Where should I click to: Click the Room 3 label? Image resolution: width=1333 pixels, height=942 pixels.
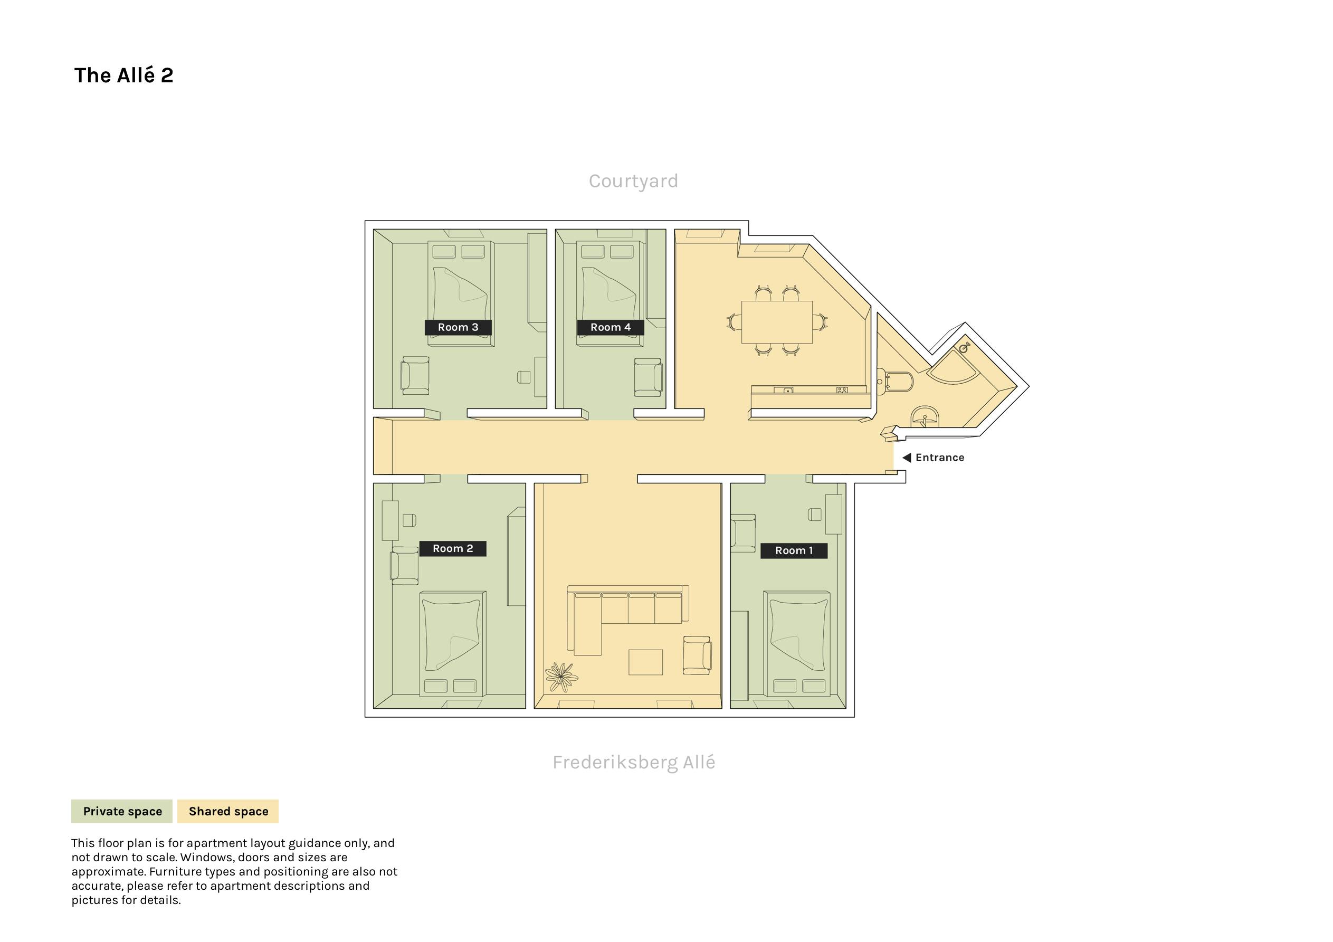458,328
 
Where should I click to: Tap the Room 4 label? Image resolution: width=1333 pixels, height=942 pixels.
610,328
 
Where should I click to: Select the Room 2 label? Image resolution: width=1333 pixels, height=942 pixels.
453,549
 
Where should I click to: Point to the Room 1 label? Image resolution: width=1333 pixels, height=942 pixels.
794,550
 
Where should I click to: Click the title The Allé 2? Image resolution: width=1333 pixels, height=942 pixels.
123,75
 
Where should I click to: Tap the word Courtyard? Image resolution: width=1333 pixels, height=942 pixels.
633,181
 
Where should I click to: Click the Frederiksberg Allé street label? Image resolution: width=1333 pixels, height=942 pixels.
633,762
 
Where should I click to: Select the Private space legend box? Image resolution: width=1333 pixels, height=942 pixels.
122,811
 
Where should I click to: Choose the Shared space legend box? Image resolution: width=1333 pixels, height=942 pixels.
228,811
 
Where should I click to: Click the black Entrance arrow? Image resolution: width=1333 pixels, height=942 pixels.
906,458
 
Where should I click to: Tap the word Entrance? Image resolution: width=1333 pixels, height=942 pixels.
940,458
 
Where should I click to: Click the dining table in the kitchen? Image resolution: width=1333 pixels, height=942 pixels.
777,322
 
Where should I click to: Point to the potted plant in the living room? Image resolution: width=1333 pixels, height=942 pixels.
561,677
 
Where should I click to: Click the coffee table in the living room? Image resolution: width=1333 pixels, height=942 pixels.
645,662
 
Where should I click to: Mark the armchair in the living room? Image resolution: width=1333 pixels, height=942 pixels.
697,655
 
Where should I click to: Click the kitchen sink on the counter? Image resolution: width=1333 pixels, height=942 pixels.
787,391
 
